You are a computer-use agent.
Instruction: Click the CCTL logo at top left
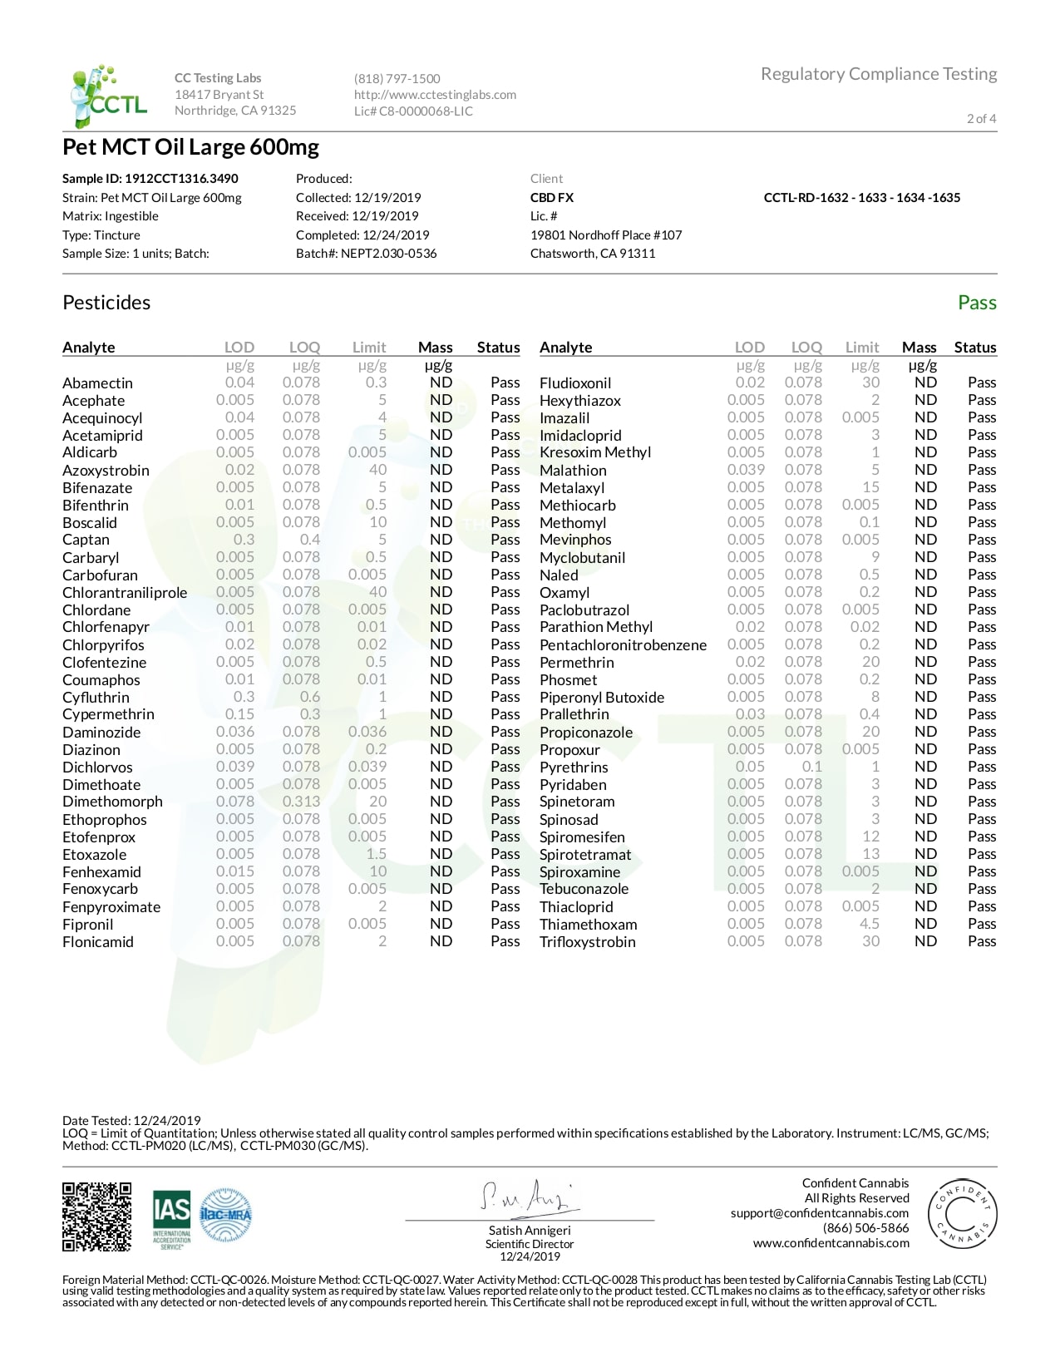click(x=108, y=96)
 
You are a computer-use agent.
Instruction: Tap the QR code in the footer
click(x=96, y=1217)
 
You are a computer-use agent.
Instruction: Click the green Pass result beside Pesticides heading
click(x=976, y=303)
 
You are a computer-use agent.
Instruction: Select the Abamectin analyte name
click(x=97, y=383)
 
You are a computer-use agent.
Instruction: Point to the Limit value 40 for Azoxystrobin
click(x=377, y=470)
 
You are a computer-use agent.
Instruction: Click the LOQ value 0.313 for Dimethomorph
click(x=300, y=802)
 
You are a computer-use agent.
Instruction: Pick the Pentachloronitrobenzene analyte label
click(x=623, y=645)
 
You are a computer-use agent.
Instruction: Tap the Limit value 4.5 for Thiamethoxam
click(x=869, y=924)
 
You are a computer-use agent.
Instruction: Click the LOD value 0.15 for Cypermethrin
click(x=239, y=714)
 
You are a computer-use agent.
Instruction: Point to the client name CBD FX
click(x=552, y=198)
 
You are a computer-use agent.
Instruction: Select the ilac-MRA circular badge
click(x=225, y=1216)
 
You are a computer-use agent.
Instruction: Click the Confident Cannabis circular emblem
click(x=962, y=1214)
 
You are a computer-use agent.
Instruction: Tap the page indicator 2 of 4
click(x=981, y=118)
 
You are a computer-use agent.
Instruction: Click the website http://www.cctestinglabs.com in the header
click(x=435, y=95)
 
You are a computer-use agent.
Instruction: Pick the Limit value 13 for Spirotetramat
click(x=870, y=854)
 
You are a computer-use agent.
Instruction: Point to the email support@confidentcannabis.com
click(x=819, y=1213)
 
